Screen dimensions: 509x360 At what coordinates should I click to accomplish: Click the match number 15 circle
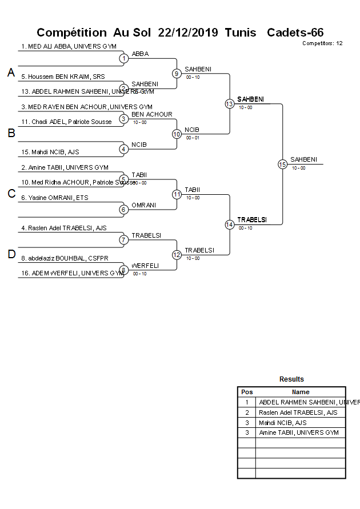point(282,164)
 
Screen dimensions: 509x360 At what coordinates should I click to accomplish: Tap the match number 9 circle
point(177,73)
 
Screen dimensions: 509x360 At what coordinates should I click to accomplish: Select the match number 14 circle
point(229,225)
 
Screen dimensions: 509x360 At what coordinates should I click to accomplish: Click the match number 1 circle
point(123,58)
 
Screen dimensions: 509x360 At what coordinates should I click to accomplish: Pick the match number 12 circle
point(177,255)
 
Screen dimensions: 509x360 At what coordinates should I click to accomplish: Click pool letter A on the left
point(11,73)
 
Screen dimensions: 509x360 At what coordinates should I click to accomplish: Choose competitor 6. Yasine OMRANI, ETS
point(55,198)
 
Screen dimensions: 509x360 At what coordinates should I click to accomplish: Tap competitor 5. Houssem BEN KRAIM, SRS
point(63,77)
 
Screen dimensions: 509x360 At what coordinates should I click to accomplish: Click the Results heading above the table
point(291,379)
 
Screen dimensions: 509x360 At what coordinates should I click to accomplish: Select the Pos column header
point(247,392)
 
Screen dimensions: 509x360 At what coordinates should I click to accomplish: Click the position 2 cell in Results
point(247,412)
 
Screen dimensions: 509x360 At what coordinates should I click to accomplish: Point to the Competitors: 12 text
point(322,43)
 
